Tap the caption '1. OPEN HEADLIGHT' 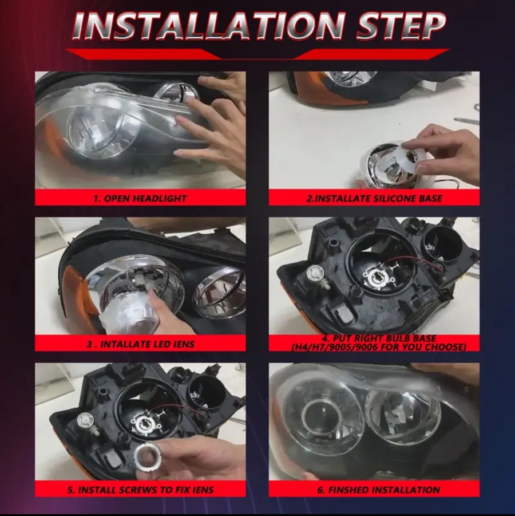pyautogui.click(x=140, y=198)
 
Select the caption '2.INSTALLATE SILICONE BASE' pyautogui.click(x=374, y=198)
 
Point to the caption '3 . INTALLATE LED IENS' pyautogui.click(x=141, y=344)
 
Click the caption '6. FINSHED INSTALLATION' pyautogui.click(x=378, y=490)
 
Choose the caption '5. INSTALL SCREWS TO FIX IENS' pyautogui.click(x=140, y=490)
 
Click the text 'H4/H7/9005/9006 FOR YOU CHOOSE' pyautogui.click(x=378, y=347)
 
